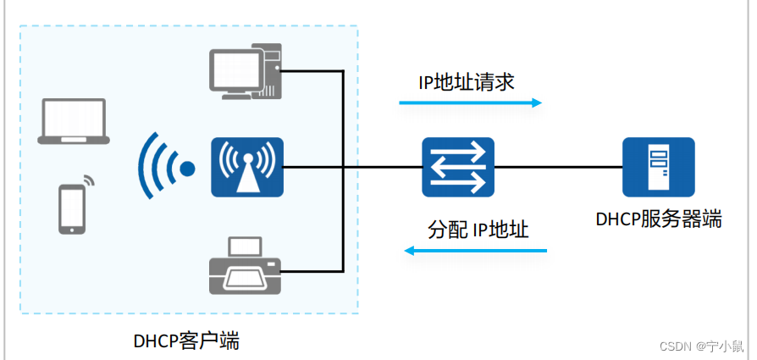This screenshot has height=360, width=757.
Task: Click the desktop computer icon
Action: (x=245, y=73)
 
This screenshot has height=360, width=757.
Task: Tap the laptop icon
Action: (x=73, y=122)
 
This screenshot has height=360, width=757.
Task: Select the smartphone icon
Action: (x=72, y=208)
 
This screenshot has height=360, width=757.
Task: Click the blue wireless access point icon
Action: (x=247, y=167)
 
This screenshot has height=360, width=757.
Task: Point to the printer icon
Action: (x=245, y=266)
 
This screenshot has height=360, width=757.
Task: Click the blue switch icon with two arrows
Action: (x=458, y=167)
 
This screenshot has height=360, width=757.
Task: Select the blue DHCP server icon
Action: (x=658, y=167)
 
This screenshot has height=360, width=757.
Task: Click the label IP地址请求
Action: (x=467, y=82)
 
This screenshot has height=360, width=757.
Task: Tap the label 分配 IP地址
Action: (x=478, y=229)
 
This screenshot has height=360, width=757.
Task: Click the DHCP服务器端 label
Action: (x=658, y=219)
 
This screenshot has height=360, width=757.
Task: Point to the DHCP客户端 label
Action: (x=186, y=341)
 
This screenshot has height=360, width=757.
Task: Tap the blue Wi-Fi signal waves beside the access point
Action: (x=163, y=167)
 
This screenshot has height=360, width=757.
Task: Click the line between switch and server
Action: (x=558, y=167)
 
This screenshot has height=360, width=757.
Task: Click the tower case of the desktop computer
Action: (x=271, y=73)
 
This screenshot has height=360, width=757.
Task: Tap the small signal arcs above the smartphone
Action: (x=88, y=181)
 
